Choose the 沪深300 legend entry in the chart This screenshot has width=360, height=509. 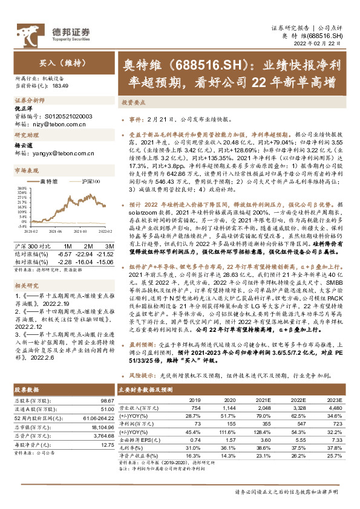pyautogui.click(x=87, y=181)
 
